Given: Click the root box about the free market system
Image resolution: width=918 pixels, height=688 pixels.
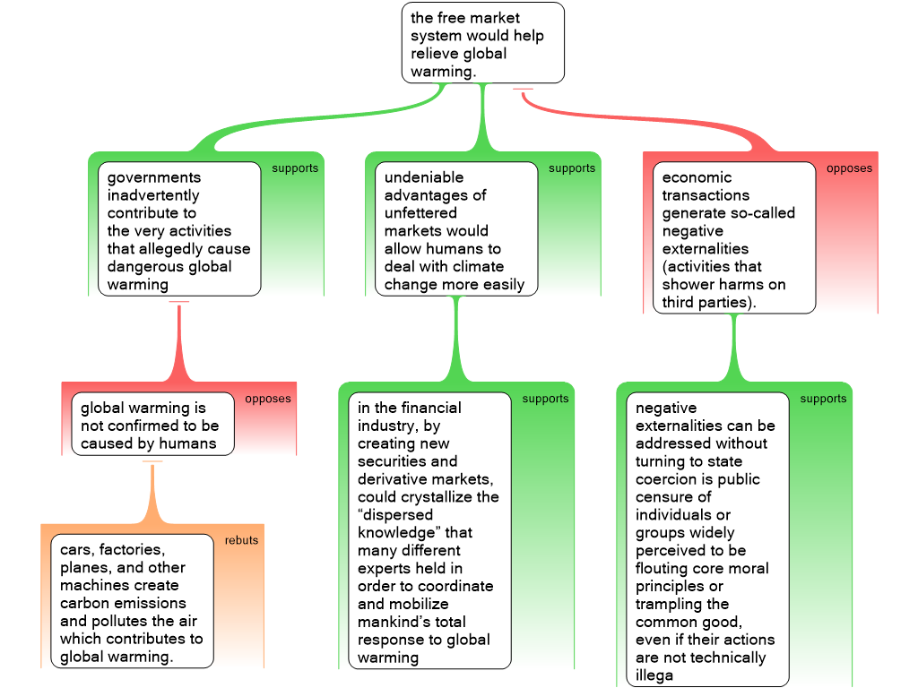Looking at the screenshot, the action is [x=483, y=43].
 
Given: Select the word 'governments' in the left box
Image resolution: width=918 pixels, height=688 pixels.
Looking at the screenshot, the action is [x=154, y=178].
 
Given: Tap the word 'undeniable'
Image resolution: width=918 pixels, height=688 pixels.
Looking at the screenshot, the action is [x=424, y=177].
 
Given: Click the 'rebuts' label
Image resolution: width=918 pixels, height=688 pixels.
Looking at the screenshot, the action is [x=241, y=540].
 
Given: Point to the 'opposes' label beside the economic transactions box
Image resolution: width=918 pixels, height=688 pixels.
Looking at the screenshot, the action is [x=849, y=168].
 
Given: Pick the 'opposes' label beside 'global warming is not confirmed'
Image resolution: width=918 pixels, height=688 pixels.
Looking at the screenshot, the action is [x=267, y=399].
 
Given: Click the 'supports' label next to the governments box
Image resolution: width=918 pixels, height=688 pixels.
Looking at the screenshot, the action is [x=295, y=168].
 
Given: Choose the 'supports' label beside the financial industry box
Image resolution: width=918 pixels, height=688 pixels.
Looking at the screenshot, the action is [x=545, y=399].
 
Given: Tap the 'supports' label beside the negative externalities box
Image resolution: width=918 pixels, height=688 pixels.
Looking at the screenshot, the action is [x=823, y=399].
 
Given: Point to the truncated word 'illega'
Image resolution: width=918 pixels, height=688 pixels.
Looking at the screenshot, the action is [x=654, y=675].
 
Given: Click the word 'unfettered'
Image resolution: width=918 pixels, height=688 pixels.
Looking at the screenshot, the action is [x=420, y=213].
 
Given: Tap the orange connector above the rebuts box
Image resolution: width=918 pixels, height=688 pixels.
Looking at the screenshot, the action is [x=152, y=494].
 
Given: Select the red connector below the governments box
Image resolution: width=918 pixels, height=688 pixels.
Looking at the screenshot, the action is [x=179, y=341].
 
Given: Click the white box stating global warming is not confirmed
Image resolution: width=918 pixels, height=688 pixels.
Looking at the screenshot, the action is [x=152, y=424].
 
